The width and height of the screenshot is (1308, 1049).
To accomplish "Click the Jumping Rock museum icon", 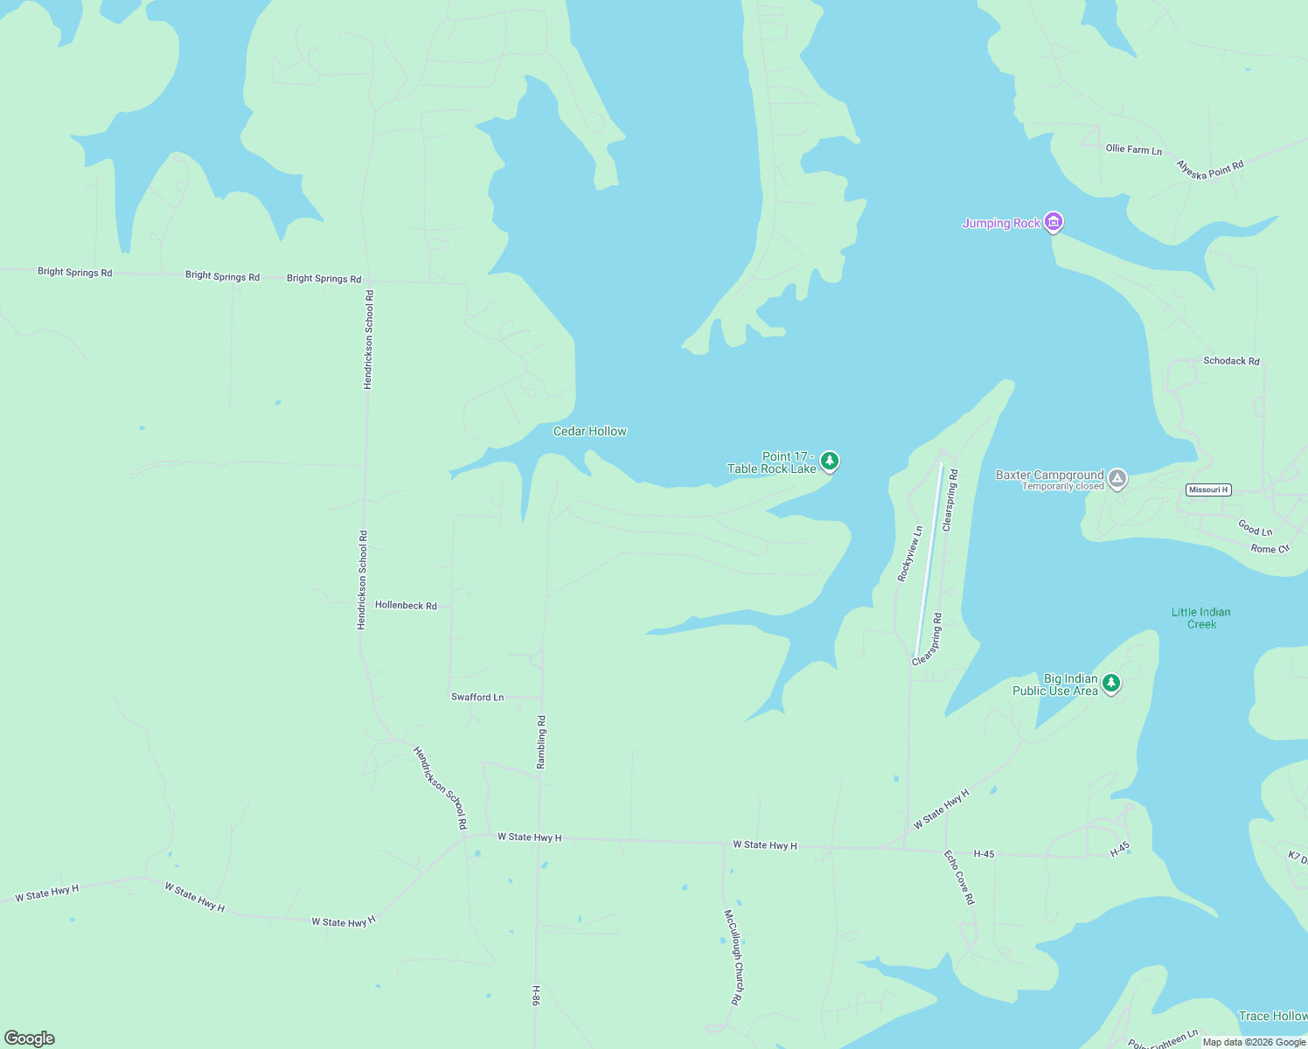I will (1054, 222).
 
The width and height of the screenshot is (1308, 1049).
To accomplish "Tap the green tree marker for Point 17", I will (829, 461).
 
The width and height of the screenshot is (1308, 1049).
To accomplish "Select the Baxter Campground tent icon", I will (1117, 478).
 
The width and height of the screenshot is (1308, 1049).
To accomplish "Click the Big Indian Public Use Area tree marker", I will (1110, 683).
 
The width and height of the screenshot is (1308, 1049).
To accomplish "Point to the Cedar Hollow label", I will (589, 431).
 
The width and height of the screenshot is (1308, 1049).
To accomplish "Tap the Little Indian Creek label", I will (1200, 618).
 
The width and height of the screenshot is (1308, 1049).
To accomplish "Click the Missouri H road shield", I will (1208, 490).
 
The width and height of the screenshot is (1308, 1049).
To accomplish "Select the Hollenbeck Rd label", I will (406, 605).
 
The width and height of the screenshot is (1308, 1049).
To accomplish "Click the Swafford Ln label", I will (477, 697).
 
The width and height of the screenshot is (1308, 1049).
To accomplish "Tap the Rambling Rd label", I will (541, 742).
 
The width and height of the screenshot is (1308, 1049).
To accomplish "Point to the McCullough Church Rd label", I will (733, 956).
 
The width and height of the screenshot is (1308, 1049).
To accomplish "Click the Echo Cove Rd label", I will (959, 877).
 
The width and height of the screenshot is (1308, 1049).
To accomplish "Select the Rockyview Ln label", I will (909, 553).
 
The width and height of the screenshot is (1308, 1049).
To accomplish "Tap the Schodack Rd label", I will (1231, 360).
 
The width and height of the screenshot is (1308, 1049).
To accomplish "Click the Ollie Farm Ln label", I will (1133, 149).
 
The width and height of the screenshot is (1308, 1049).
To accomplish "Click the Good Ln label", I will (1255, 528).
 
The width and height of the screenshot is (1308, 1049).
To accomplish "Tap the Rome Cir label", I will (1270, 549).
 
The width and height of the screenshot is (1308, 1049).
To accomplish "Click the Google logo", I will (30, 1039).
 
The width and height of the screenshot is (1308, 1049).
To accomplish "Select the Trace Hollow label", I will (1272, 1016).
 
